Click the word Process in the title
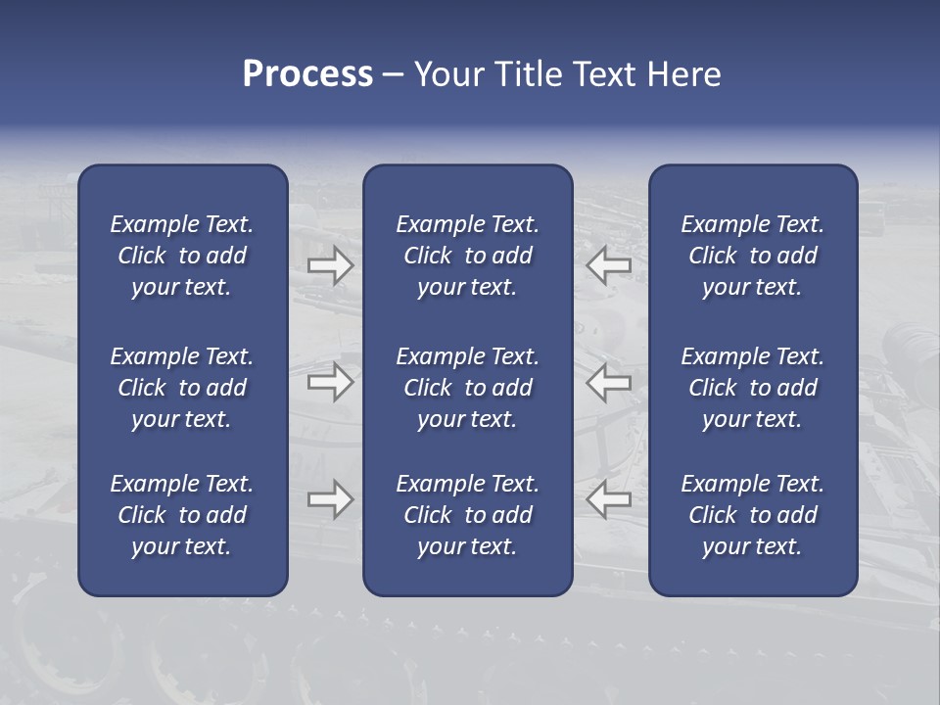click(x=307, y=74)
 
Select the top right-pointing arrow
click(x=331, y=266)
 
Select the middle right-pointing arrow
click(x=331, y=382)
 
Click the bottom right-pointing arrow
click(x=331, y=499)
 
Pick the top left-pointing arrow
click(x=609, y=266)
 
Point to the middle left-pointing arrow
click(x=609, y=382)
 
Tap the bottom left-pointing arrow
click(x=609, y=499)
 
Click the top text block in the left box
click(x=182, y=256)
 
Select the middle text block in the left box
click(x=182, y=388)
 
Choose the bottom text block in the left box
click(x=182, y=515)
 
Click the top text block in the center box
click(x=468, y=256)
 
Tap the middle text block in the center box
click(x=468, y=388)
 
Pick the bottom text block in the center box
click(x=468, y=515)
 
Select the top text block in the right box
click(x=753, y=256)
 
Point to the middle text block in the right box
click(x=753, y=388)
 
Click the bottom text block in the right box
click(x=753, y=515)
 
